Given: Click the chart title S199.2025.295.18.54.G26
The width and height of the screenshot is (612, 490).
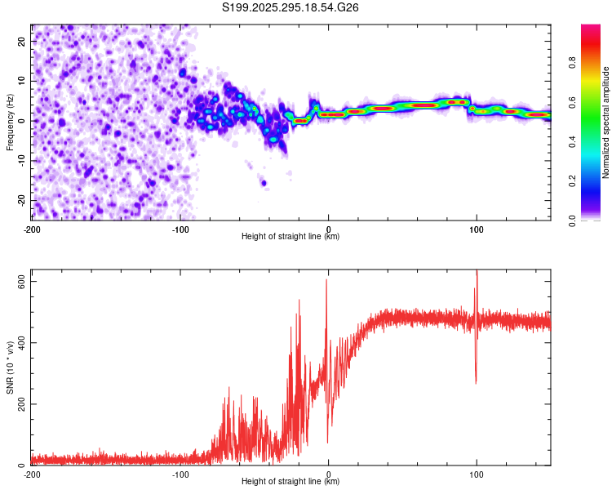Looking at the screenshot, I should [290, 7].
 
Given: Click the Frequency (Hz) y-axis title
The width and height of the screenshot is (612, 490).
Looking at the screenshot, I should [10, 122].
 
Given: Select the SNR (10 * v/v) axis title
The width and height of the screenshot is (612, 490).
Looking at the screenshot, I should [10, 369].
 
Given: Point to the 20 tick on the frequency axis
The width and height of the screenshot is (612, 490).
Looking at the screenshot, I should [22, 41].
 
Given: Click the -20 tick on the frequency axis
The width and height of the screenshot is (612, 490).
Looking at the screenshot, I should [20, 200].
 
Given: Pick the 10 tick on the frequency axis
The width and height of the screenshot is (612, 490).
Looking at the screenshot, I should [22, 81].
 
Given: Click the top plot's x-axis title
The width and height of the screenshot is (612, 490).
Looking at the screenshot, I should [290, 237].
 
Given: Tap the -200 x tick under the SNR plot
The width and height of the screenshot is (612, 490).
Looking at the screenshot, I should [31, 474].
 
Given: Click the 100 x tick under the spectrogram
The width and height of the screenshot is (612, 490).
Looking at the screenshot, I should [477, 229].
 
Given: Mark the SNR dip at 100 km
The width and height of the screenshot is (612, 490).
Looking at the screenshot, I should [476, 382].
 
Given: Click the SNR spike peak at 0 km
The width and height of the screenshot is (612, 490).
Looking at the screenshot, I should [326, 280].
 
